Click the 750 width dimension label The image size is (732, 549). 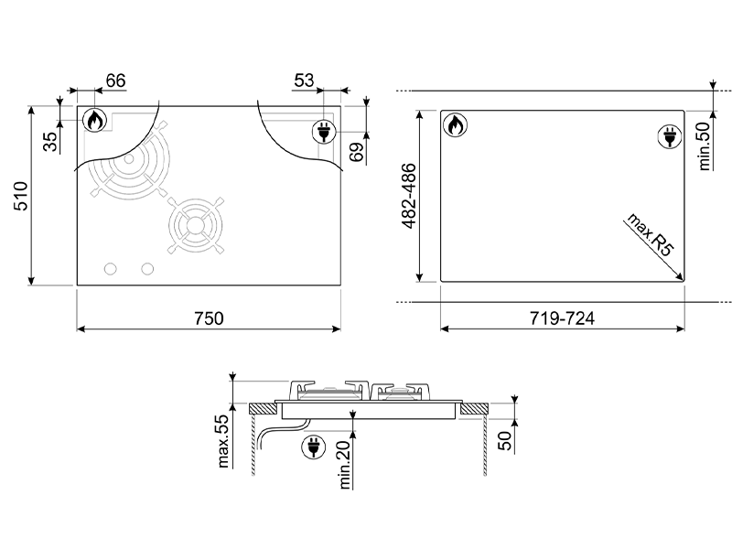tap(208, 318)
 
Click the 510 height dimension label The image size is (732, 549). tap(21, 195)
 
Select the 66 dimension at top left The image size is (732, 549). tap(114, 81)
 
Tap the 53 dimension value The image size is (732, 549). tap(304, 81)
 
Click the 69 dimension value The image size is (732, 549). tap(357, 151)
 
